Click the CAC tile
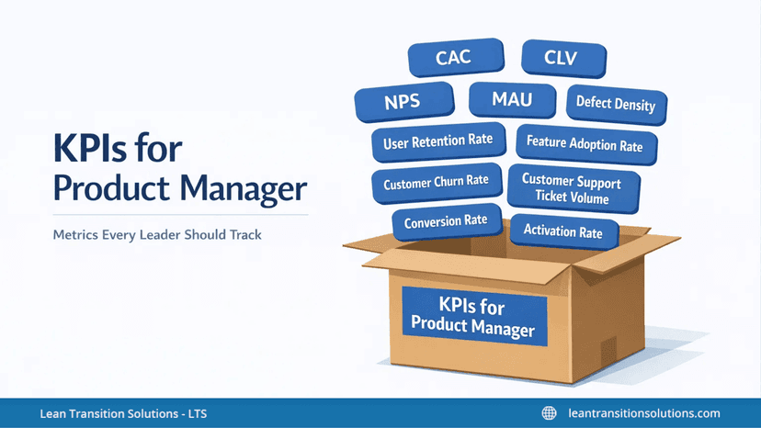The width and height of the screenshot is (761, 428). click(x=453, y=58)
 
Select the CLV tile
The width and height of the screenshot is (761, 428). click(x=562, y=58)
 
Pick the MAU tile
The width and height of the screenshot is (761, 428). click(x=511, y=98)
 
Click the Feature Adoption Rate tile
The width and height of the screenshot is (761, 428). click(x=585, y=144)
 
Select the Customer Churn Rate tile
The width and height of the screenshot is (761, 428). click(x=436, y=181)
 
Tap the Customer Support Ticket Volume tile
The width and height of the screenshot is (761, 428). click(x=571, y=189)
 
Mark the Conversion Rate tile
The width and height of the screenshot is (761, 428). click(x=446, y=221)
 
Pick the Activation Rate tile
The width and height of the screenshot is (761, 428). click(x=562, y=231)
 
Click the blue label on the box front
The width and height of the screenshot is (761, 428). click(x=473, y=314)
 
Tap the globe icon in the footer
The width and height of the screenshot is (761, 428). click(x=550, y=413)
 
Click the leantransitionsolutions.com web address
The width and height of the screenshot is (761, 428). click(x=644, y=413)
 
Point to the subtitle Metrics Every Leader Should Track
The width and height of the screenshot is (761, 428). click(x=157, y=235)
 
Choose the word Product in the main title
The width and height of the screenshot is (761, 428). click(x=112, y=189)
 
